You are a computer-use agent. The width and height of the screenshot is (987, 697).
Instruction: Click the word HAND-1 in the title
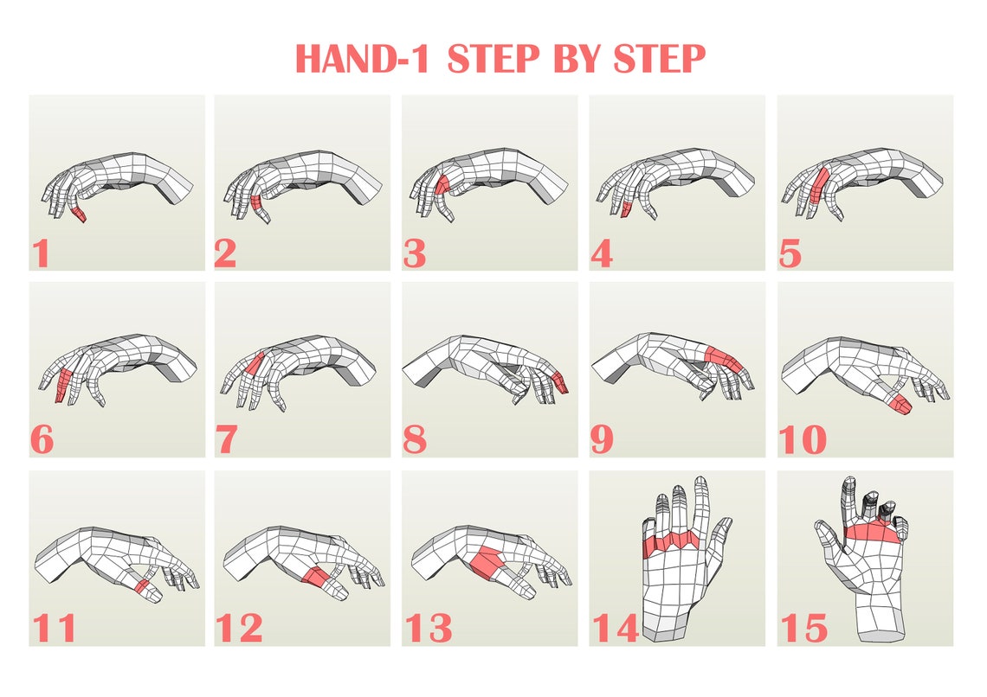pos(365,60)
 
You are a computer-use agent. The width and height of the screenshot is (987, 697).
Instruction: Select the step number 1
pos(40,253)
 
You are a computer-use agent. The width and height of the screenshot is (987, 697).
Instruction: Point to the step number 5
pos(789,253)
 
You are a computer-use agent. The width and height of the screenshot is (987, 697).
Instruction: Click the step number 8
pos(415,440)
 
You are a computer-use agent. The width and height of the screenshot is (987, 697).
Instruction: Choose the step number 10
pos(802,440)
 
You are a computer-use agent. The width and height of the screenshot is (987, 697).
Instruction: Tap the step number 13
pos(428,628)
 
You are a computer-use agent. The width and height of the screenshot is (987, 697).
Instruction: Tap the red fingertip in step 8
pos(560,381)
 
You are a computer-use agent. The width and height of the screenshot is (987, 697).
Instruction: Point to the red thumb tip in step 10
pos(900,403)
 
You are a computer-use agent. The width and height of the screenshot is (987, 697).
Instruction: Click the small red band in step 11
pos(141,586)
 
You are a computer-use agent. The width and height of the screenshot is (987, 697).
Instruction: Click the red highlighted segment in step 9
pos(721,356)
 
